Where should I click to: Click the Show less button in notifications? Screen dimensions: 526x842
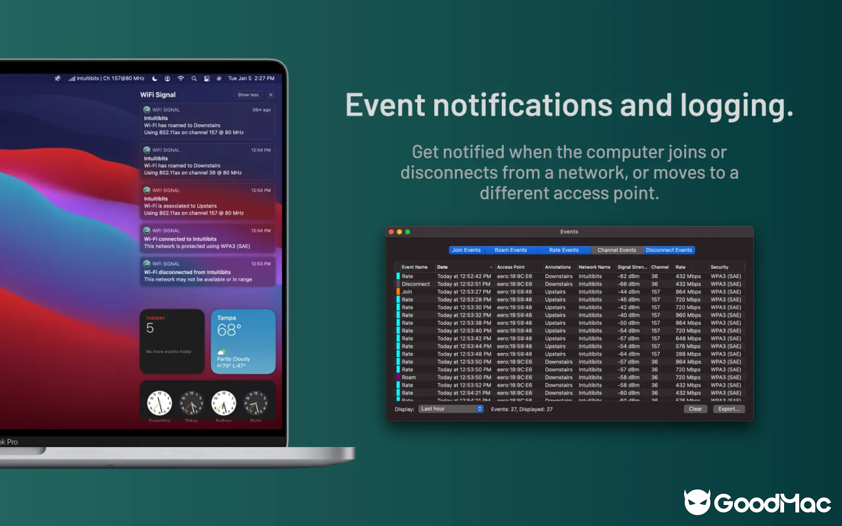click(248, 95)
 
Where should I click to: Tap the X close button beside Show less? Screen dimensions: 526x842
click(270, 95)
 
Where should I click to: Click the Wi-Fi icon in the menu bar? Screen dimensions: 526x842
click(181, 78)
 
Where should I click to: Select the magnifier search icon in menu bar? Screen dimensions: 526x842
click(193, 78)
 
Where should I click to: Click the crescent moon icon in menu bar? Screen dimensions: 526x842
click(155, 78)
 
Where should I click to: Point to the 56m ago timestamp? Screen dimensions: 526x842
click(261, 110)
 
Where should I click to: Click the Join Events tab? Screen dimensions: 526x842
click(466, 250)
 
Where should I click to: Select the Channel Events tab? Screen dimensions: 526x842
click(616, 250)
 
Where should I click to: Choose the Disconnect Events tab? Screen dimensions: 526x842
click(668, 250)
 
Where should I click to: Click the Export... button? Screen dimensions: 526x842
click(729, 409)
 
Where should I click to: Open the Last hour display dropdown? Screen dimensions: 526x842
click(451, 409)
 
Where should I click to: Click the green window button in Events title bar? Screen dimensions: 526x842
click(408, 231)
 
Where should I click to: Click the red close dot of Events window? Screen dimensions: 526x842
click(391, 231)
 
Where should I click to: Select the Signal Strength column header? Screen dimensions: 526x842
click(632, 267)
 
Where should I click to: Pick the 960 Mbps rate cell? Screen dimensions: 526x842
click(688, 315)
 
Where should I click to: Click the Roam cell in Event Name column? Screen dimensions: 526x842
click(409, 377)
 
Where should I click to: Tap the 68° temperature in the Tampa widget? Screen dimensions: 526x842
click(229, 329)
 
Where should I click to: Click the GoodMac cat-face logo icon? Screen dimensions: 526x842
click(697, 502)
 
